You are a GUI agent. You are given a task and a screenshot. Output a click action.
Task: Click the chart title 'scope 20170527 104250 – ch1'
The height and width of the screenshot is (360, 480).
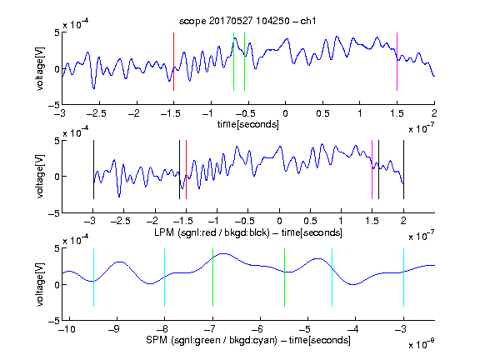tap(247, 21)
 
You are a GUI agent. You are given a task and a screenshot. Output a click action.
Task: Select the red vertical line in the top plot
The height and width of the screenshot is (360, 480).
tap(173, 62)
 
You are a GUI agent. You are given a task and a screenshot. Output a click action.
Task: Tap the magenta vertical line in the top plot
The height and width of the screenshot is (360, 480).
tap(397, 62)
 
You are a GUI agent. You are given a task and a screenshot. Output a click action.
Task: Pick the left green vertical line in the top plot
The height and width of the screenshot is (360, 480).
tap(233, 62)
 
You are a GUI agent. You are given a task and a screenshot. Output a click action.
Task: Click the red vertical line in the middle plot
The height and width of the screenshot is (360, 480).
tap(186, 170)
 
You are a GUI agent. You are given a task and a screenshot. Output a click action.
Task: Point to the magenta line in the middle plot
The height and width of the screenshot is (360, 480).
tap(372, 170)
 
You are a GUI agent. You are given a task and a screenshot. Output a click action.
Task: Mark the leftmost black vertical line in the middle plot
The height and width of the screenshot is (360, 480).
tap(93, 170)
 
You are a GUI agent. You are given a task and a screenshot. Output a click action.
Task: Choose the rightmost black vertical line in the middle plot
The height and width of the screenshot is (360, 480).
tap(403, 170)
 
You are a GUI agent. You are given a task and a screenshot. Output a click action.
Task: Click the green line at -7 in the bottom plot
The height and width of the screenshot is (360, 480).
tap(212, 277)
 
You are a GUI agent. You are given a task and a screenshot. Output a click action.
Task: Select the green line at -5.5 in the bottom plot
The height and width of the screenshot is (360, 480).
tap(285, 277)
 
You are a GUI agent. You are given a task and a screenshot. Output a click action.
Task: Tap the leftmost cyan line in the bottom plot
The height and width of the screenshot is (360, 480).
tap(93, 277)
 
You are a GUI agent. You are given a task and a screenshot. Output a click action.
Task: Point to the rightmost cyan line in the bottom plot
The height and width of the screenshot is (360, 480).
tap(403, 277)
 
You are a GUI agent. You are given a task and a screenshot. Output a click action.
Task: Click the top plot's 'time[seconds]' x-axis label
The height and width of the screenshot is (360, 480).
tap(248, 124)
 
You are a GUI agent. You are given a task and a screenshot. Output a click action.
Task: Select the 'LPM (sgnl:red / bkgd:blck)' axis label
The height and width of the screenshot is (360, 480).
tap(212, 232)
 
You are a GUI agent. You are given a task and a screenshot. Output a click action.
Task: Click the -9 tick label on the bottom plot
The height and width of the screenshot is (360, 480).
tap(114, 329)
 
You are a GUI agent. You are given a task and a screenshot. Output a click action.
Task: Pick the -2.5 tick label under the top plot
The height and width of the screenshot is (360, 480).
tap(96, 113)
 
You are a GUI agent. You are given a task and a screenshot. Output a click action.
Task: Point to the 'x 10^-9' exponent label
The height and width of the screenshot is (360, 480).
tap(421, 344)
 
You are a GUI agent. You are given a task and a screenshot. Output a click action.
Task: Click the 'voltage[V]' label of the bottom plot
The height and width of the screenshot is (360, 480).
tap(40, 284)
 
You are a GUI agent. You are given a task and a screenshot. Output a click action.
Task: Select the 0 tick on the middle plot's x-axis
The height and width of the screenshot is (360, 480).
tap(279, 221)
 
